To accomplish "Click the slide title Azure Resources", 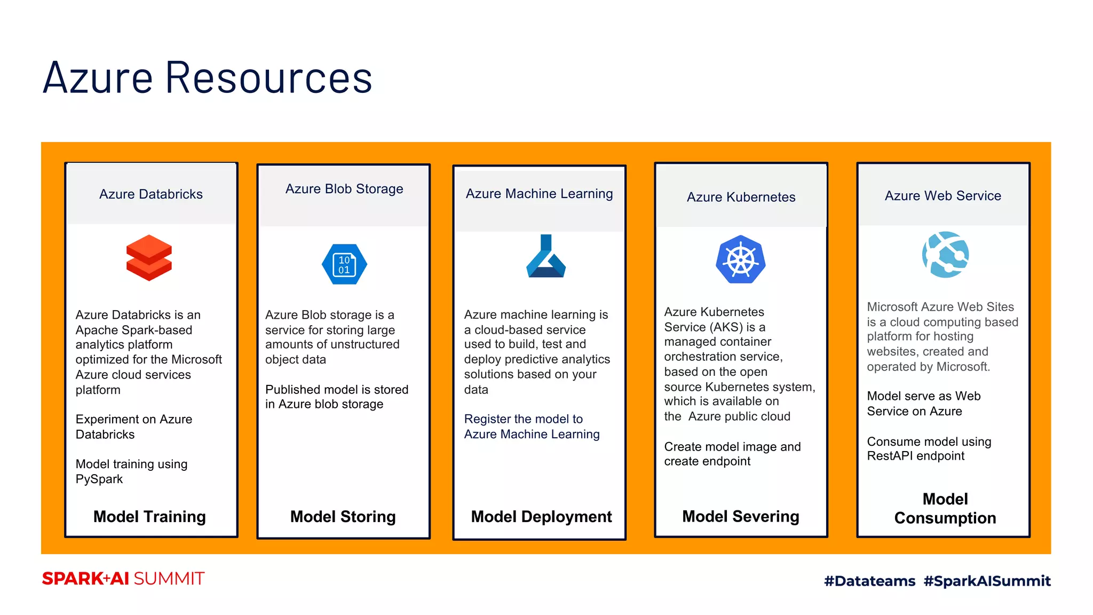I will coord(207,78).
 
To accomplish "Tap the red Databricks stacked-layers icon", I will coord(149,258).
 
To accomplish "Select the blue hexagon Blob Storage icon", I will coord(344,264).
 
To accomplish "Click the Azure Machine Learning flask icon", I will coord(545,257).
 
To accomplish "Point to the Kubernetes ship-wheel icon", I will coord(740,259).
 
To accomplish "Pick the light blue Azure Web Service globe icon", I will coord(945,255).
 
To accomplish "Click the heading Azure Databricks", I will coord(151,194).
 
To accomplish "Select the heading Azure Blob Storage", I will coord(344,189).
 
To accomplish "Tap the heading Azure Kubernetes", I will coord(741,197).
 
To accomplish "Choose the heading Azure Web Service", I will coord(942,196).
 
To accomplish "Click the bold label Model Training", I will coord(149,516).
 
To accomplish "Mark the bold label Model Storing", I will coord(343,516).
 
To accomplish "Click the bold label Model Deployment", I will coord(541,516).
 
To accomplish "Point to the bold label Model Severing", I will coord(740,516).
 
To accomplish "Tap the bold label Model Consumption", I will coord(945,508).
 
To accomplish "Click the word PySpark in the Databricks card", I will coord(99,479).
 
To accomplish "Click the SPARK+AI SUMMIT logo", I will coord(123,579).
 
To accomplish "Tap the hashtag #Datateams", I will coord(869,581).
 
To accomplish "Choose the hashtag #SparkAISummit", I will coord(987,581).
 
